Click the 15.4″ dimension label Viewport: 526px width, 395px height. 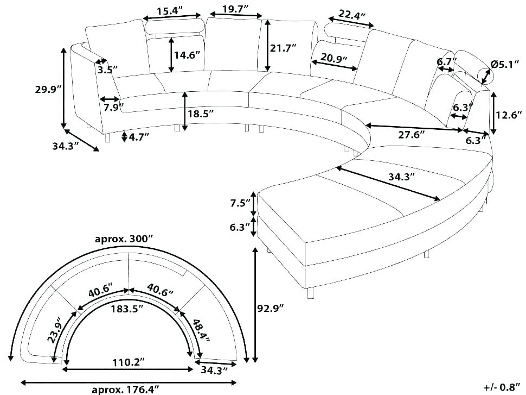pos(169,10)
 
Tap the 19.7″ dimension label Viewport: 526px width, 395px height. pos(235,9)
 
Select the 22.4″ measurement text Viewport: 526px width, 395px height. pos(351,15)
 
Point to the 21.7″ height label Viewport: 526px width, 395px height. pos(283,48)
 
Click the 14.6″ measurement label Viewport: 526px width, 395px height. pos(187,55)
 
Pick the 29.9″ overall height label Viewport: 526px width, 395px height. pos(48,90)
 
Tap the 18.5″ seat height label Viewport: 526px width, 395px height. pos(200,114)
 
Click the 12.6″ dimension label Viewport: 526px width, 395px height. pos(509,115)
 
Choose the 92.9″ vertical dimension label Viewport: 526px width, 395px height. pos(271,308)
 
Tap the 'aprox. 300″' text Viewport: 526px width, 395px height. pos(124,239)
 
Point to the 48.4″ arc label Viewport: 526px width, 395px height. pos(201,330)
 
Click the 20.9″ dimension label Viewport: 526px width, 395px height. pos(333,58)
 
